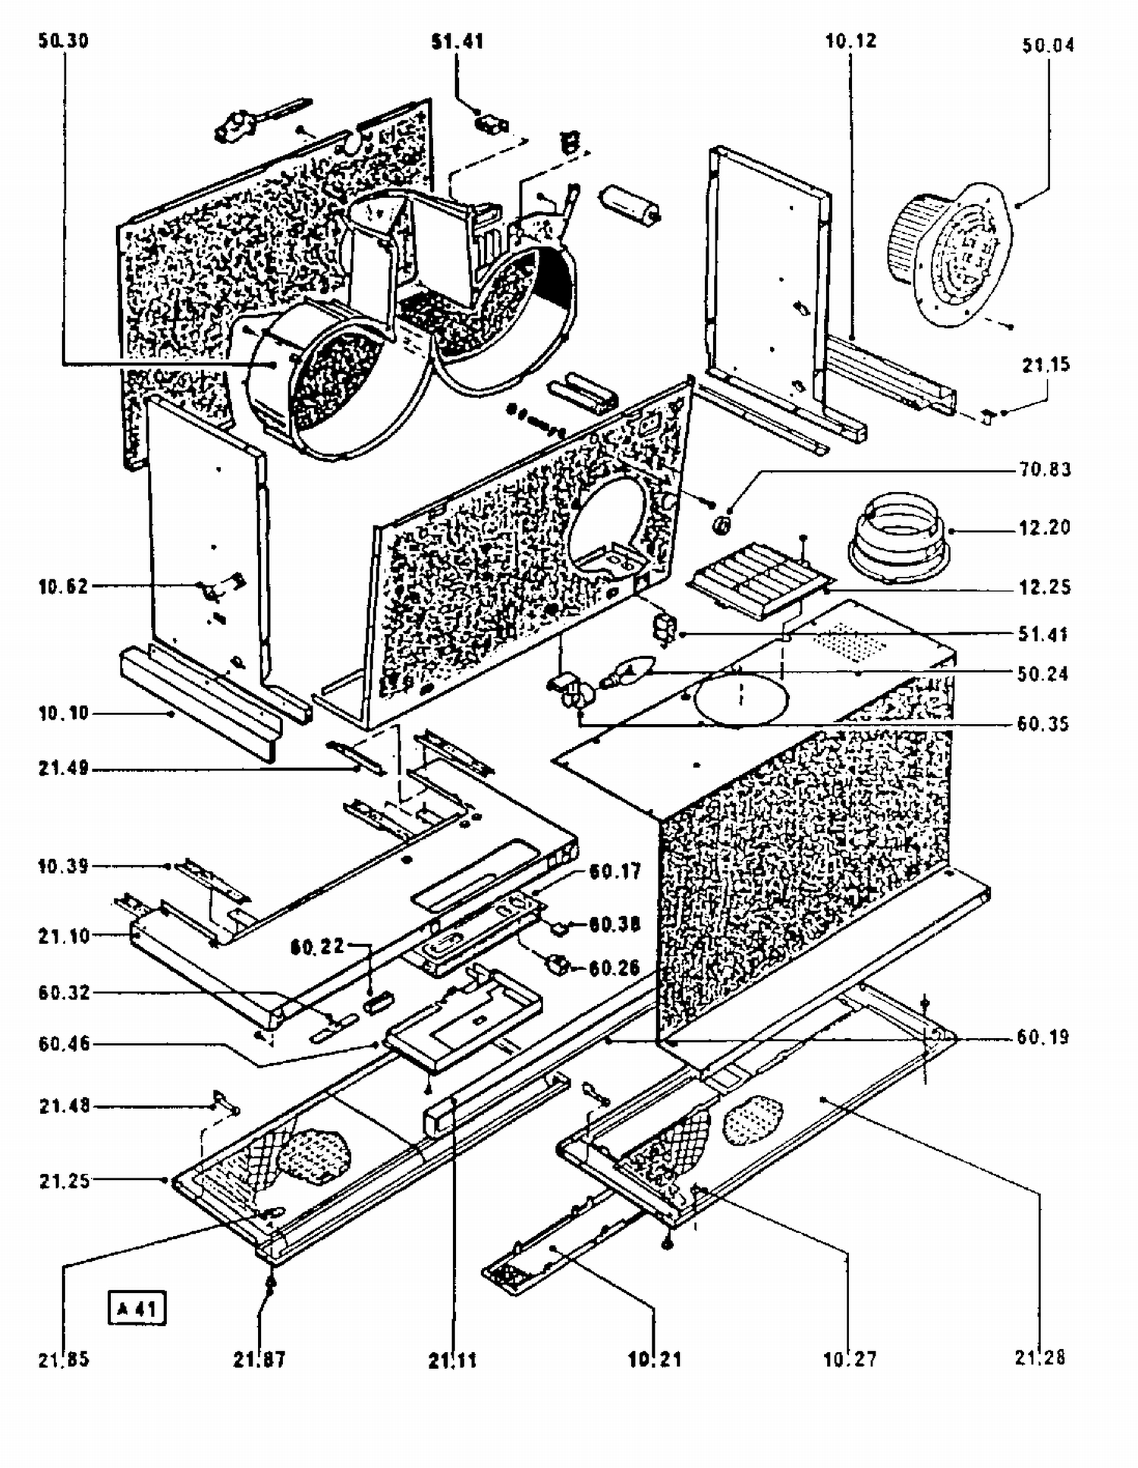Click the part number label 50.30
64,41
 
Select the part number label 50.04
1048,45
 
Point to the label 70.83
1045,470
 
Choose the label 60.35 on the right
1042,724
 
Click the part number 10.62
63,586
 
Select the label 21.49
64,769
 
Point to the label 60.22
317,946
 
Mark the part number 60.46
64,1044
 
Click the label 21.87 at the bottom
259,1360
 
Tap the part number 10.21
654,1360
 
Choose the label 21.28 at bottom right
1040,1357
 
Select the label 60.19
1042,1037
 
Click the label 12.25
1045,587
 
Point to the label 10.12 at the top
850,41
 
